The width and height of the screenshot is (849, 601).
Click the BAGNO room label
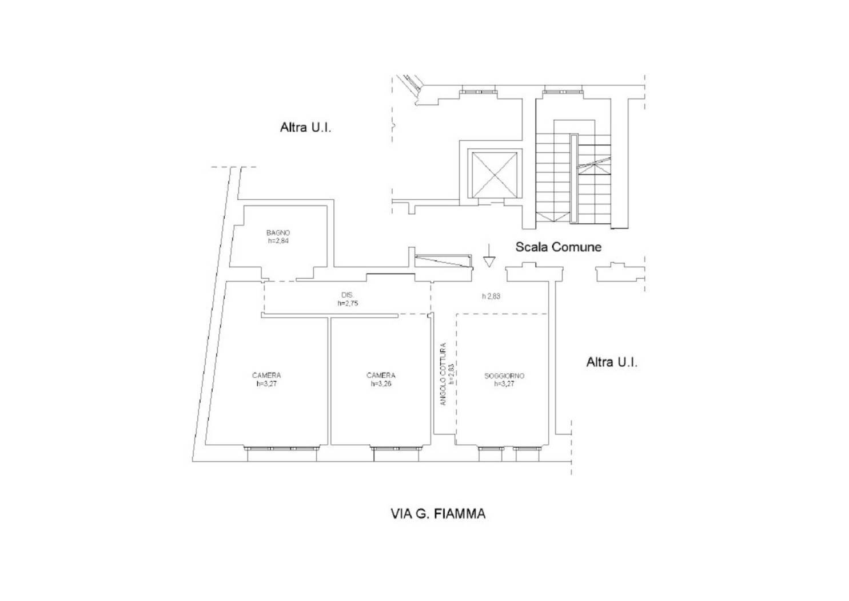tap(278, 232)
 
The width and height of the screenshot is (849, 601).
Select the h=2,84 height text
tap(278, 240)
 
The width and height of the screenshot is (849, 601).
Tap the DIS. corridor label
tap(348, 295)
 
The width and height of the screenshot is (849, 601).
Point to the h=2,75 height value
tap(348, 303)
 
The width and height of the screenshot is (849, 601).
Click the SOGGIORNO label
tap(504, 375)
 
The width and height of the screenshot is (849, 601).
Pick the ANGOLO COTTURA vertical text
tap(443, 374)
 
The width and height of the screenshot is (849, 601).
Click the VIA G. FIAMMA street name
tap(438, 514)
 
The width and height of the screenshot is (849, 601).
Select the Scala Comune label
tap(559, 247)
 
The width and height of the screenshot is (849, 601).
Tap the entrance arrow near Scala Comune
tap(489, 255)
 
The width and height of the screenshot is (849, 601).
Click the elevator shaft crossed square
tap(495, 173)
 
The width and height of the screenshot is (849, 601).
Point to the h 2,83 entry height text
tap(491, 296)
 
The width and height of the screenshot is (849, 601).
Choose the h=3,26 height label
tap(381, 383)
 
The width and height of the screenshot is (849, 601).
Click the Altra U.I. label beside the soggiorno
tap(612, 362)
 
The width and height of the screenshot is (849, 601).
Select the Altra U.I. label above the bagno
tap(305, 127)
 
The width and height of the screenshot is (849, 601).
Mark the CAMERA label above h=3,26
tap(381, 375)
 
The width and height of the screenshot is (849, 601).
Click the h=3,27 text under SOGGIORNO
tap(504, 383)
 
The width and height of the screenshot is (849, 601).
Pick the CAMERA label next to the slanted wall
tap(266, 375)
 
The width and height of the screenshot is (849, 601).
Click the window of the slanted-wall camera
tap(282, 449)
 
